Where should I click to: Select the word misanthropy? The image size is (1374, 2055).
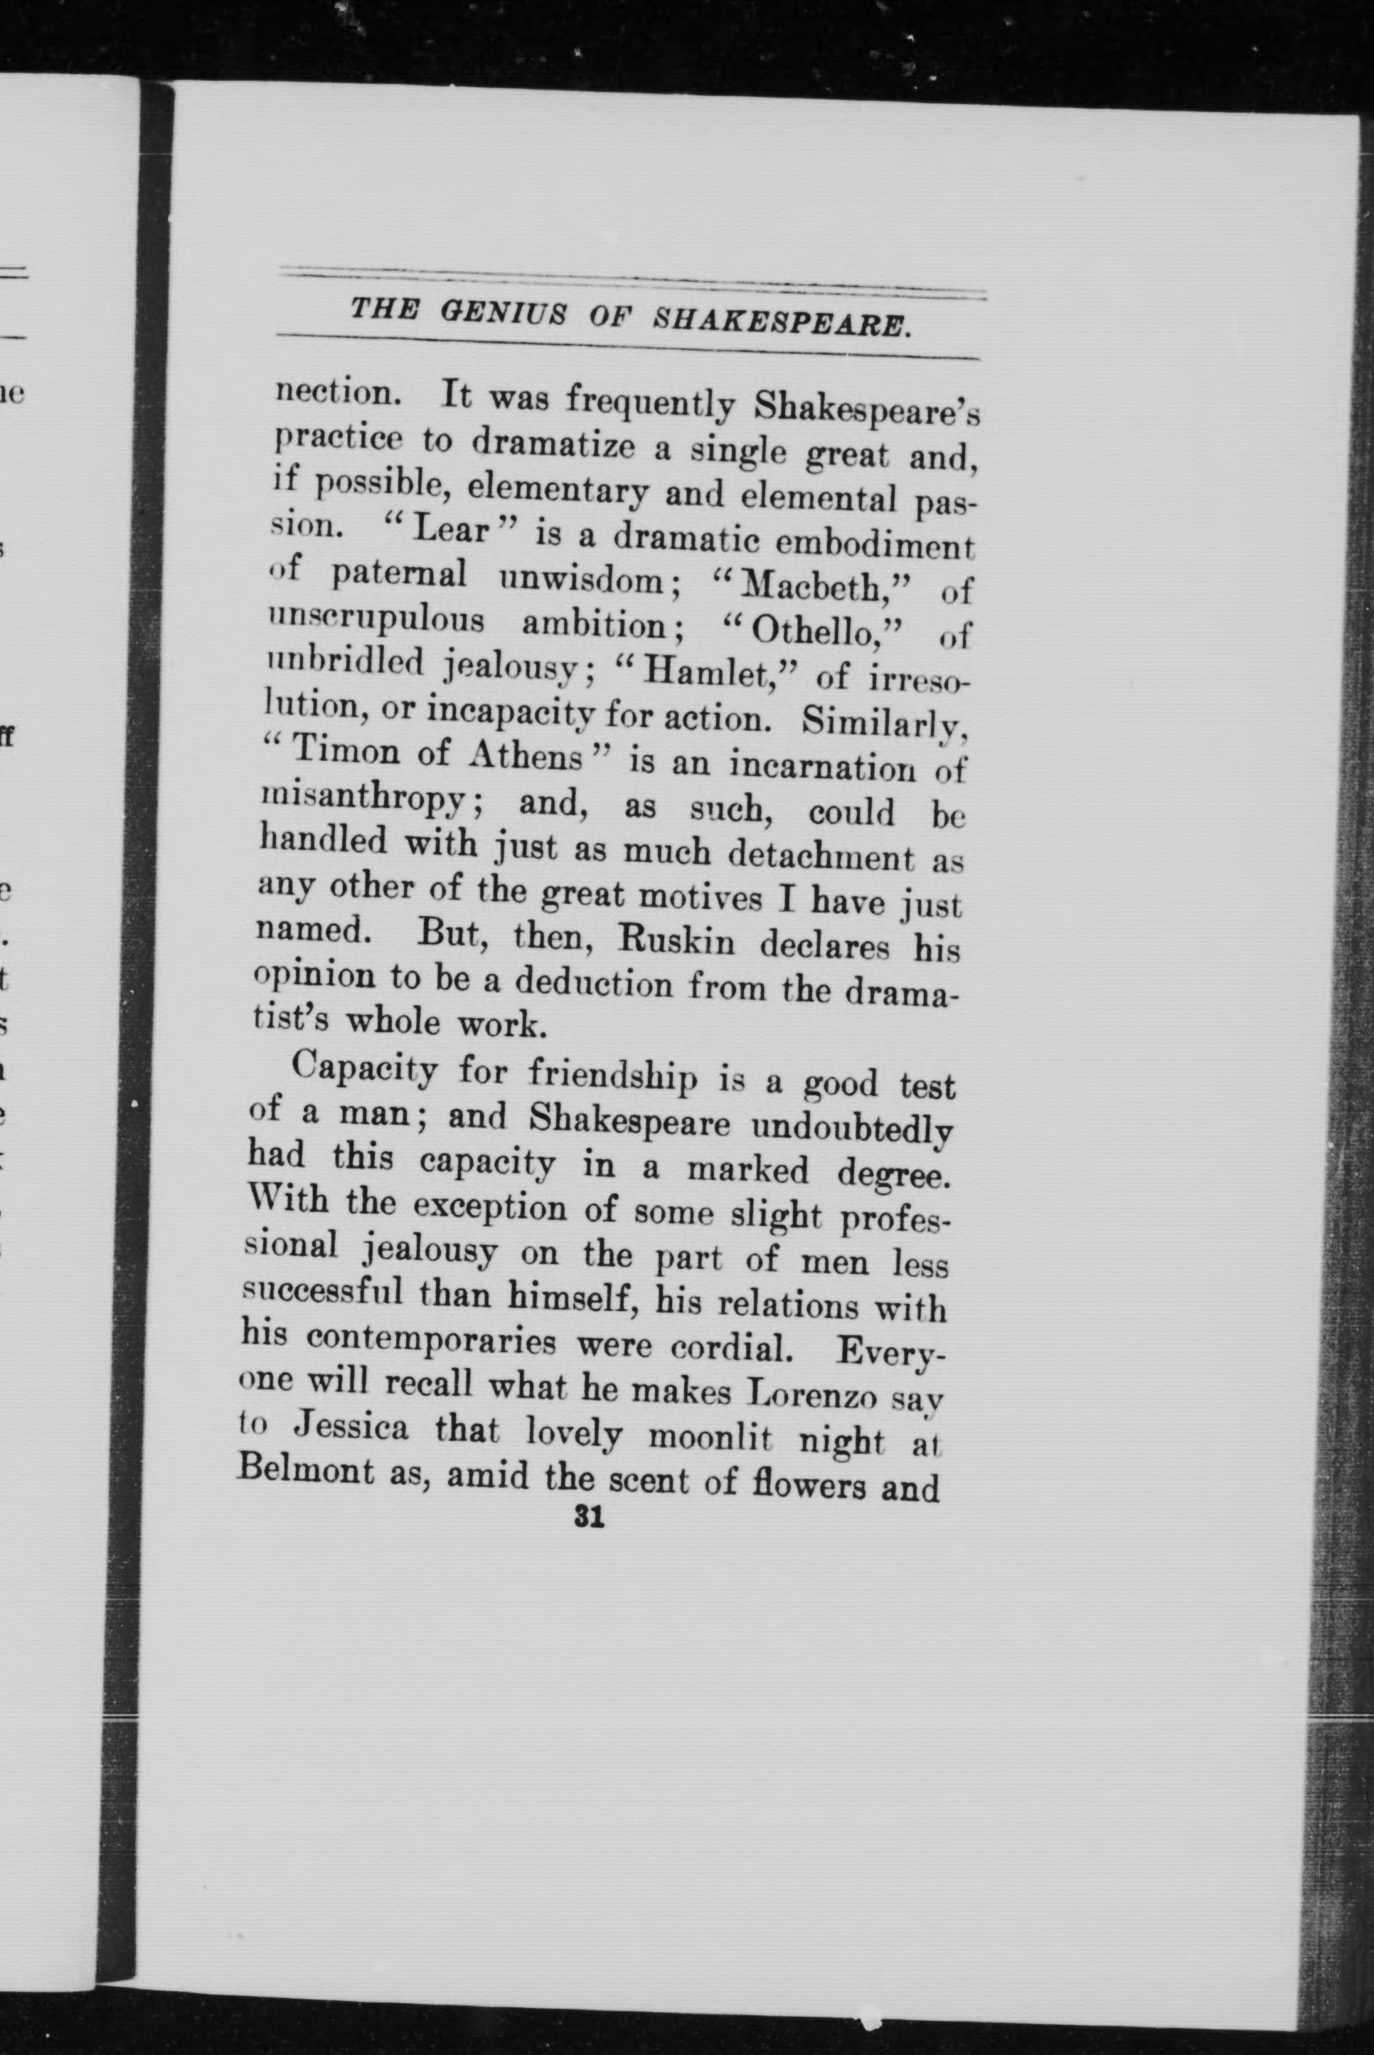pyautogui.click(x=366, y=797)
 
